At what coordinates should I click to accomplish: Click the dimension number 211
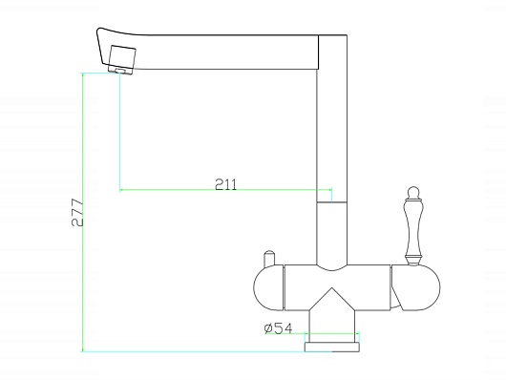point(226,184)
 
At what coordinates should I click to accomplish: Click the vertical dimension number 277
point(77,213)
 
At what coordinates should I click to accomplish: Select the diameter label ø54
point(278,328)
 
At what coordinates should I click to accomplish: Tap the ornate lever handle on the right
point(413,226)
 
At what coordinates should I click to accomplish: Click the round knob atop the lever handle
point(413,191)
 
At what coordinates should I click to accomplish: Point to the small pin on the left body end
point(269,260)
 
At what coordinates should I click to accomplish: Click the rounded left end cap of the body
point(268,287)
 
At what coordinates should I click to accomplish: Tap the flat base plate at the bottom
point(332,348)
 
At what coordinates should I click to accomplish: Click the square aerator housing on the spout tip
point(122,56)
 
